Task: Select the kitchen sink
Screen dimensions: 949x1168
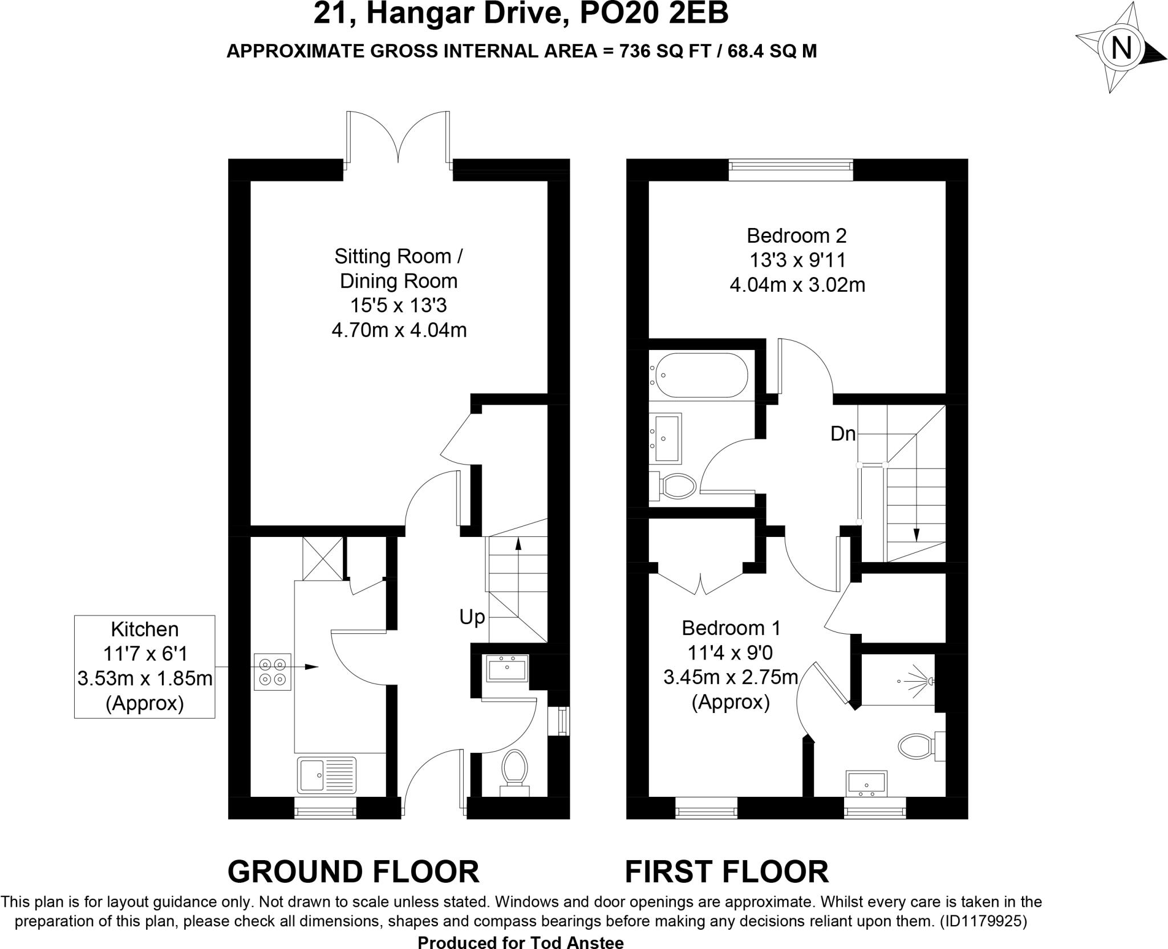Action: click(327, 775)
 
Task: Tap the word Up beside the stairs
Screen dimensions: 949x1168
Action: click(472, 617)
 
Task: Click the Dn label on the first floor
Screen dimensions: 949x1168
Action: click(843, 434)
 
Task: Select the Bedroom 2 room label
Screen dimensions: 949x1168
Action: click(797, 235)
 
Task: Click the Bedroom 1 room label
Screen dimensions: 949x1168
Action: click(731, 628)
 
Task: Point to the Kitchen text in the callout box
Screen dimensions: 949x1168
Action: click(144, 629)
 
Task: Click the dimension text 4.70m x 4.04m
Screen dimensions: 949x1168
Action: click(399, 330)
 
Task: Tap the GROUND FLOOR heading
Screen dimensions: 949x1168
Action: click(353, 871)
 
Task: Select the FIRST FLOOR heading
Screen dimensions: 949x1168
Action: click(727, 871)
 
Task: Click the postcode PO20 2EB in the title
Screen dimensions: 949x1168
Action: click(654, 14)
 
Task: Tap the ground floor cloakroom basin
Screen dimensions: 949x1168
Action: click(507, 668)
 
